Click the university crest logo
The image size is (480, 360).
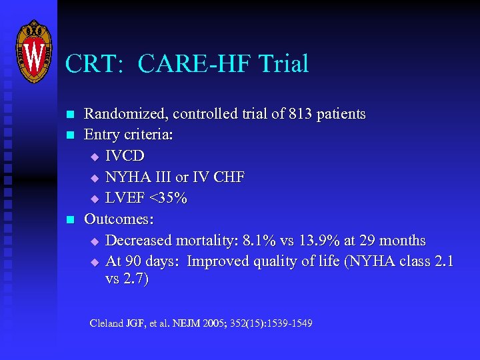(x=33, y=51)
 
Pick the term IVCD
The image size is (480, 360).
(x=125, y=156)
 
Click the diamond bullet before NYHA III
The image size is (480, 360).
(x=94, y=178)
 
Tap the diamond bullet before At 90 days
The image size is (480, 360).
(x=94, y=262)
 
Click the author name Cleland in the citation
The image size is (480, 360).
(x=107, y=324)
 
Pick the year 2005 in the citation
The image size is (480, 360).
(x=215, y=324)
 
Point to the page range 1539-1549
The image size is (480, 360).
(x=284, y=324)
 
